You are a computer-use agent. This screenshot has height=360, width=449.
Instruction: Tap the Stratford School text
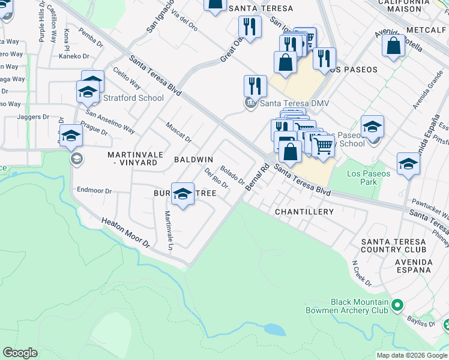133,98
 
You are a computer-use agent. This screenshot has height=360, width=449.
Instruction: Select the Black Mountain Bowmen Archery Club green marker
396,306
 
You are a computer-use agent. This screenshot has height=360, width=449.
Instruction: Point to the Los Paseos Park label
369,178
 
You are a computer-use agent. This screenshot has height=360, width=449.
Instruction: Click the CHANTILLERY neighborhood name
304,212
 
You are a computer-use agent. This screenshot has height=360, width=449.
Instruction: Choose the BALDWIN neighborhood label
193,160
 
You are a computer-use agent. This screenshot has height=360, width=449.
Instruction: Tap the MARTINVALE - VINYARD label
135,158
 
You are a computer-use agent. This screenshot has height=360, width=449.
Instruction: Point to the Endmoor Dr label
94,191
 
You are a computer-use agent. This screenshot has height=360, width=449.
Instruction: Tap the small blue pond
274,329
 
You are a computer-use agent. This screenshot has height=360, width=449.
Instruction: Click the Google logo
20,353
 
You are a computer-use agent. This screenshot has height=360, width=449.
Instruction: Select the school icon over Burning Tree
182,194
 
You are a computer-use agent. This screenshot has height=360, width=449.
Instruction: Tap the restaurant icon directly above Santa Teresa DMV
255,86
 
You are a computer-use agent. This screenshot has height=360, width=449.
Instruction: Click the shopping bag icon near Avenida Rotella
393,47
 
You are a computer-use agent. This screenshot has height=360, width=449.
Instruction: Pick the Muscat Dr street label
178,132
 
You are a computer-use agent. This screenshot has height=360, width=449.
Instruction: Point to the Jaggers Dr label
33,117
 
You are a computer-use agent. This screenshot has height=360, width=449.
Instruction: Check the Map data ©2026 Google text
411,355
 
